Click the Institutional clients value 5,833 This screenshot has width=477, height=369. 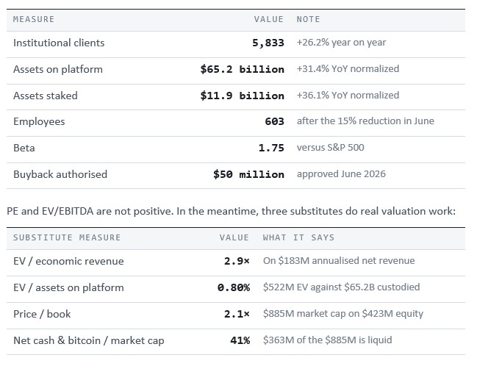coord(268,43)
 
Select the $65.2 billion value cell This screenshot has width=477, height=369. coord(242,69)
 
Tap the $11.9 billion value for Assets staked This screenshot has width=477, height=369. coord(242,96)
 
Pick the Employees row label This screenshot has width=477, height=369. coord(39,122)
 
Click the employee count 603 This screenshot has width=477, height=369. coord(274,122)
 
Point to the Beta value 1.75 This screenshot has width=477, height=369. coord(271,148)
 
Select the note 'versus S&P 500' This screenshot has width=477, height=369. coord(330,148)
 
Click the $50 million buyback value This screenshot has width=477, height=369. coord(248,175)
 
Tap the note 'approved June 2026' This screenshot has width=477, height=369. coord(341,174)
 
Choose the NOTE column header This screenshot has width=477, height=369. coord(308,19)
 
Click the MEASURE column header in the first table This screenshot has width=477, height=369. coord(34,19)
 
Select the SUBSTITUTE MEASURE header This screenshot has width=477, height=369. coord(67,237)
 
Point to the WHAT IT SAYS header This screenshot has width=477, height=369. coord(298,237)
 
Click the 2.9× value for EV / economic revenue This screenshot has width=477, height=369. coord(237,261)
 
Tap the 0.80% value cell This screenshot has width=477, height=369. coord(234,288)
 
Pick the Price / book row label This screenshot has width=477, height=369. coord(42,315)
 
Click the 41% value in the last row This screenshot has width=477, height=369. coord(240,340)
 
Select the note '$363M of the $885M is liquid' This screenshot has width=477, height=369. coord(327,340)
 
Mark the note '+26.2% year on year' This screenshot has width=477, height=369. coord(341,43)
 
